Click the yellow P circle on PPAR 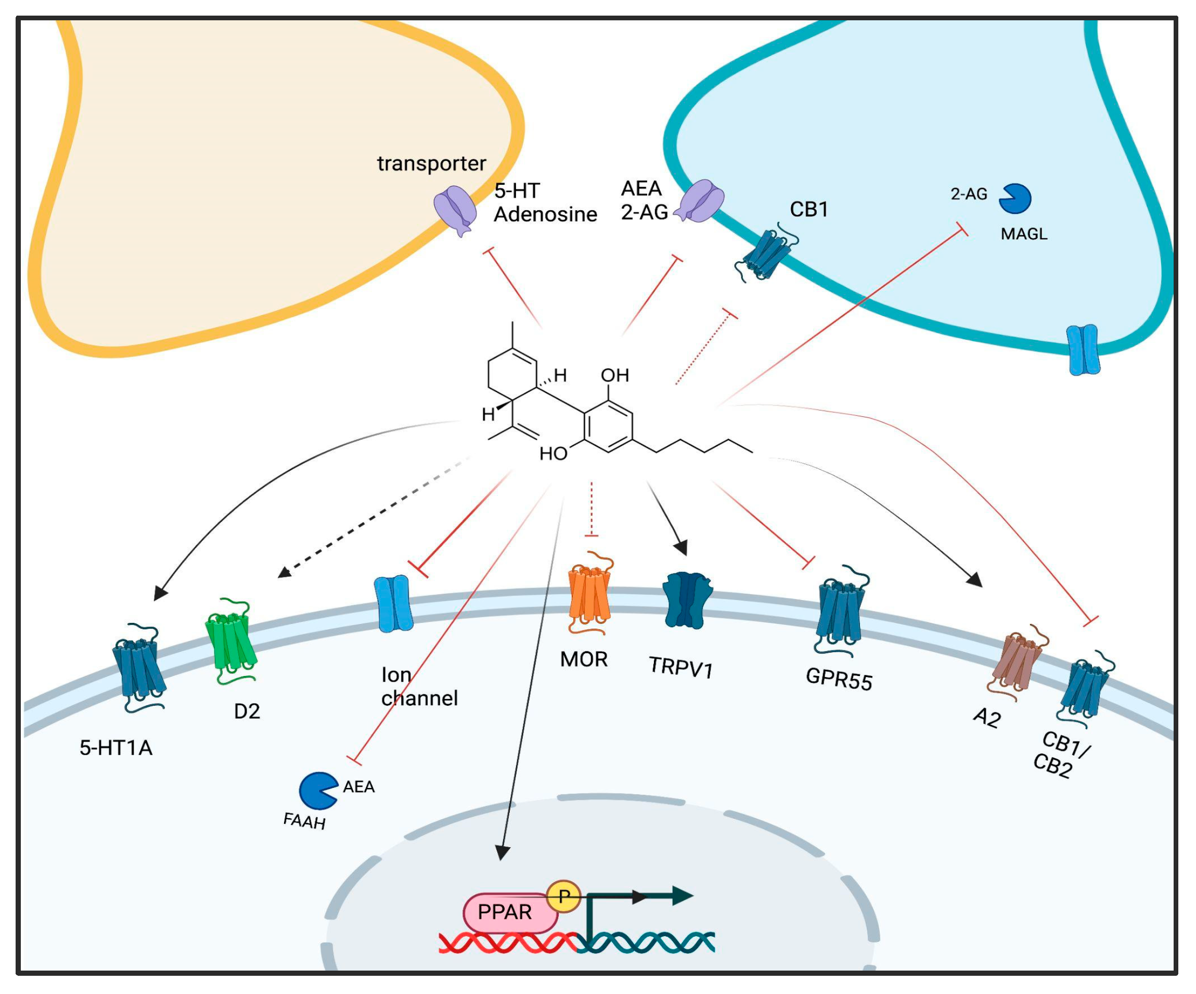point(564,897)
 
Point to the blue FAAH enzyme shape point(317,791)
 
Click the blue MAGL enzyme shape point(1015,199)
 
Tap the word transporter point(431,163)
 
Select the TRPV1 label point(680,667)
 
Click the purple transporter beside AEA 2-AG point(702,201)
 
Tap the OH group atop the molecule point(614,375)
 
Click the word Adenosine point(545,215)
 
